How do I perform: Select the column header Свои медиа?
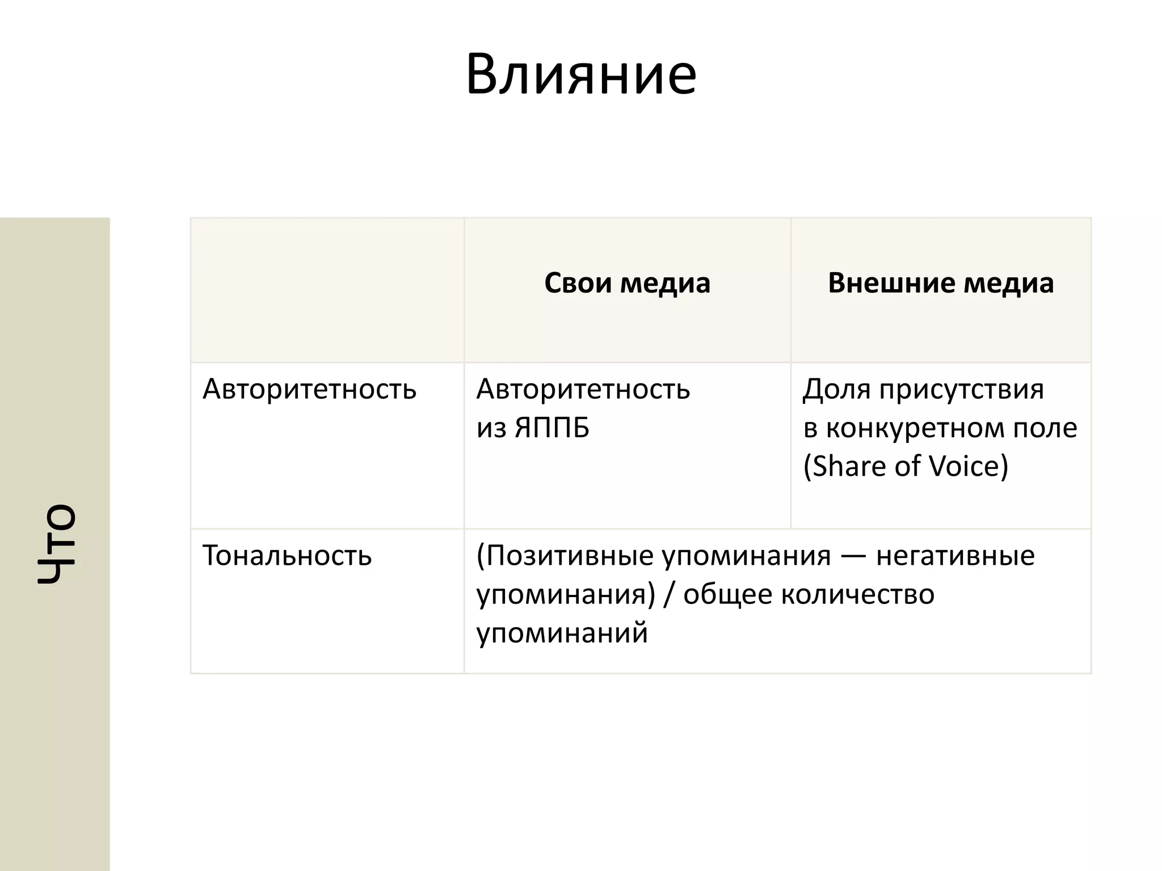[x=627, y=283]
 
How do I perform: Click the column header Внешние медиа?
[x=941, y=283]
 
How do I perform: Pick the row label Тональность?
[x=287, y=556]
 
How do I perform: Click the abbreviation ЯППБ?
[x=552, y=428]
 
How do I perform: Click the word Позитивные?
[x=570, y=556]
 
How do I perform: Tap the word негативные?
[x=955, y=556]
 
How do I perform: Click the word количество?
[x=858, y=594]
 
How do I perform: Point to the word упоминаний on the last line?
[x=562, y=633]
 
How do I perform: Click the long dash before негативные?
[x=853, y=556]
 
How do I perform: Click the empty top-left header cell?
[x=327, y=290]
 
